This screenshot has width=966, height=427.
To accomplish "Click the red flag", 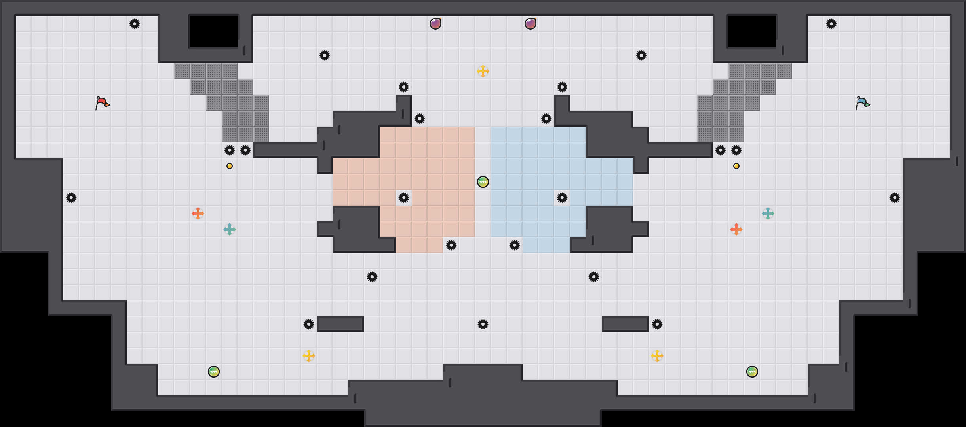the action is point(102,103).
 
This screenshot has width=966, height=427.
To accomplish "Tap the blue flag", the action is point(862,103).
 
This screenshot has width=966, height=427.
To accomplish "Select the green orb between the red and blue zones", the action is point(483,182).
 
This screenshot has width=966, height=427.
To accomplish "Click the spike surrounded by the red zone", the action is point(404,198).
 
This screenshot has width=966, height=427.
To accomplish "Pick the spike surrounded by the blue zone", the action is point(562,198).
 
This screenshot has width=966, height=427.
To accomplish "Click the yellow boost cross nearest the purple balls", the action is point(483,71).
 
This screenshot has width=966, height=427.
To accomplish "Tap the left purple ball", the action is point(435,24).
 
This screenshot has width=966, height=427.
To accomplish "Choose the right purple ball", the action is point(531,24).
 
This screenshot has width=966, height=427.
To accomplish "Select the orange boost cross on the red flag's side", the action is point(198,213).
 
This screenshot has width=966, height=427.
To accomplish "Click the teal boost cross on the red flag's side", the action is point(230,229).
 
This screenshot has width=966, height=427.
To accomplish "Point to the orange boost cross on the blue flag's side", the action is point(736,229).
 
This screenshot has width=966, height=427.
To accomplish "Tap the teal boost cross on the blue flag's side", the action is point(768,213).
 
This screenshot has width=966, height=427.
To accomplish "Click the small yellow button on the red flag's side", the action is point(230,166).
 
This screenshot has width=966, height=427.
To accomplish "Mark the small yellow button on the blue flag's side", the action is point(736,166).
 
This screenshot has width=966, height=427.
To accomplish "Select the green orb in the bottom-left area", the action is point(214,372).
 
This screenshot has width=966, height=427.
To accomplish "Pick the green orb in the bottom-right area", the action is point(752,372).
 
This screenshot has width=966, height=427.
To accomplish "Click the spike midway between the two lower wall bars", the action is point(483,324).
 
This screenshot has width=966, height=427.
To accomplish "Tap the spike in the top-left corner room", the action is point(135,24).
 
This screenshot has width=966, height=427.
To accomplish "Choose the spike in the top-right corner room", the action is point(831,24).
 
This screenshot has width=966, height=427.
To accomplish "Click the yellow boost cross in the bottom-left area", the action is point(309,356).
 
